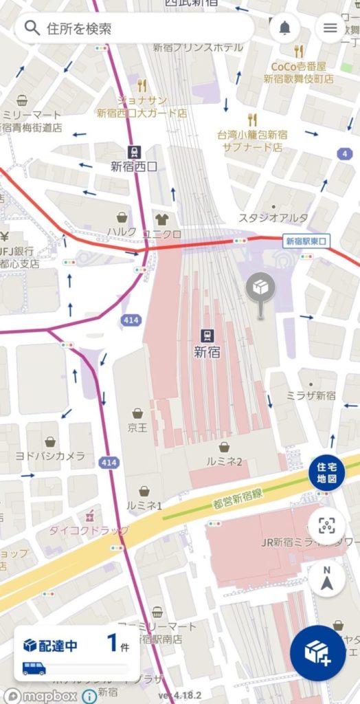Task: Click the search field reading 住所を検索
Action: (x=134, y=28)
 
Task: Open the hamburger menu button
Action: (x=330, y=28)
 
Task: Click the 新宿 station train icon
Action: (x=206, y=335)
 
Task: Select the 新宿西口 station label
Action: (x=134, y=166)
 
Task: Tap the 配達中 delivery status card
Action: (x=76, y=654)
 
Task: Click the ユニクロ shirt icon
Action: (x=161, y=219)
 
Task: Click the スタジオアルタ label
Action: (x=273, y=218)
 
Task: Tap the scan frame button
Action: (x=326, y=527)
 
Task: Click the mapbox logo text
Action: (x=42, y=694)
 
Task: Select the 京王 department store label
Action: (x=137, y=427)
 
